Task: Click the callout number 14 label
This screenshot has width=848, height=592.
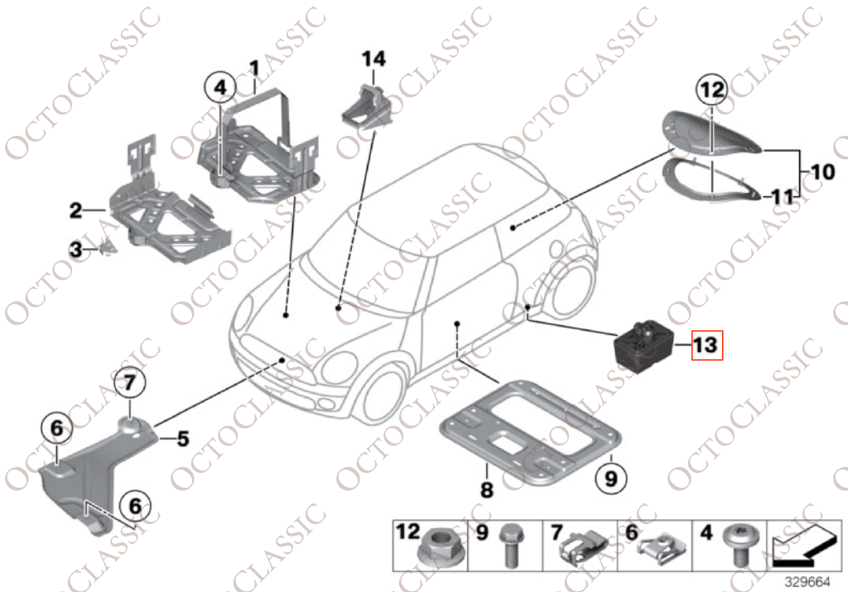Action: click(373, 59)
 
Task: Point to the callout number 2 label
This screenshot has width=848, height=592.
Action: click(75, 211)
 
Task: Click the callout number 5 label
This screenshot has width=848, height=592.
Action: click(182, 439)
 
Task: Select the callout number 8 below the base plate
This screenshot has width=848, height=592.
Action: click(487, 490)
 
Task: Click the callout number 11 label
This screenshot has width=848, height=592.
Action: click(783, 197)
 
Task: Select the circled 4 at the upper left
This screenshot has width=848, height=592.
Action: click(220, 87)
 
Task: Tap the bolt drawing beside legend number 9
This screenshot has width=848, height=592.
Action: click(508, 546)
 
